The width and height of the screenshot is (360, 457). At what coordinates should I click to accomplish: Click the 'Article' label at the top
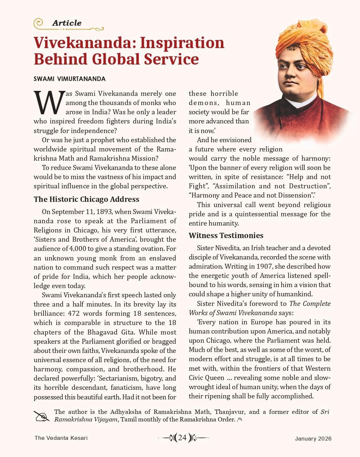[x=67, y=23]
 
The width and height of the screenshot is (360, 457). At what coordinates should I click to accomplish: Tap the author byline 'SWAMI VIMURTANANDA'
[x=69, y=79]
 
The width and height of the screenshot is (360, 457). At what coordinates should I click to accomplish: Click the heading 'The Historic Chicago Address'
[x=86, y=199]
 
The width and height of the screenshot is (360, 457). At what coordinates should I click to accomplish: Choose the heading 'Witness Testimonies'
[x=226, y=235]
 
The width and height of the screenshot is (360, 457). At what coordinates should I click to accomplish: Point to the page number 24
[x=182, y=438]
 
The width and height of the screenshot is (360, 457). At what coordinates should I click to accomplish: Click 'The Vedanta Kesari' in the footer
[x=61, y=438]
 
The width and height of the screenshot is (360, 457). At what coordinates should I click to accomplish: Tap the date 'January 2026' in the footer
[x=313, y=438]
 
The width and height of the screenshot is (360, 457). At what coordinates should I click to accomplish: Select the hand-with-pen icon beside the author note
[x=42, y=416]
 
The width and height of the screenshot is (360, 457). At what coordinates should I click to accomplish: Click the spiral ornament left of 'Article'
[x=39, y=23]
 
